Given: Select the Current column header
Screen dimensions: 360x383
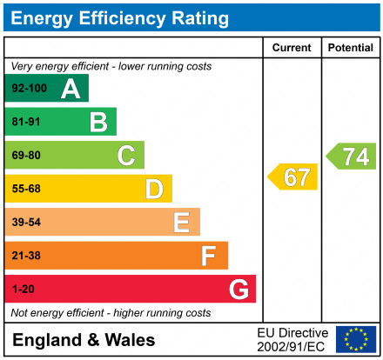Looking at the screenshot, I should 292,48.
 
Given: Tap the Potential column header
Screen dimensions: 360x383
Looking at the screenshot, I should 350,48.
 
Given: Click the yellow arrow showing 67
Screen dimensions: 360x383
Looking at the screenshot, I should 293,177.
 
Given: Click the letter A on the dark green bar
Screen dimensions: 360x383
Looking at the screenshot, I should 71,89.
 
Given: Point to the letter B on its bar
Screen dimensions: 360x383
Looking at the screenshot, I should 98,123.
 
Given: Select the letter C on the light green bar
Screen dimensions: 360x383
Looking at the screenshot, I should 126,156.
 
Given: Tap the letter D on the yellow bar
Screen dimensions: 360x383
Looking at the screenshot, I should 154,189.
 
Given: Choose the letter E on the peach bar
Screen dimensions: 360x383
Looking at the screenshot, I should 181,223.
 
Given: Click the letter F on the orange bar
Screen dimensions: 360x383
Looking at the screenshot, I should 209,256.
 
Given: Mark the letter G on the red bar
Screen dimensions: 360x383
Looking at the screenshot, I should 238,289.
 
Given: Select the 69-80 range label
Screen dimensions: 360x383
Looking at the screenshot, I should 26,156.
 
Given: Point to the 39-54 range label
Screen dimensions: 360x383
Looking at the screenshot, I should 26,223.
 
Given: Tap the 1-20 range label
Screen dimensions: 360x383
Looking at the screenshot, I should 23,289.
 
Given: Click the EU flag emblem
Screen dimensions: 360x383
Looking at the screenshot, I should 356,339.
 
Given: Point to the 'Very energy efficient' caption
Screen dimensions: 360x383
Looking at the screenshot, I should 111,66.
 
